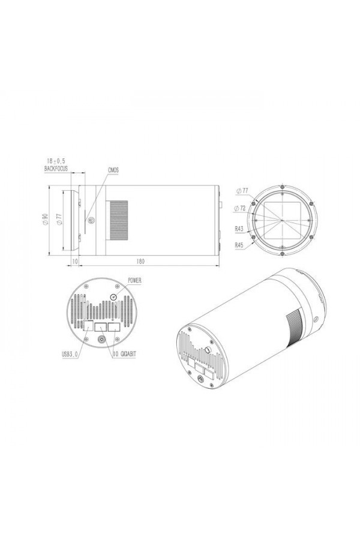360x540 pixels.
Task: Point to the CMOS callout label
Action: [113, 170]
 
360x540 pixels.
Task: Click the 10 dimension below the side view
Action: [75, 262]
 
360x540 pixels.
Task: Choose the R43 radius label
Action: [239, 229]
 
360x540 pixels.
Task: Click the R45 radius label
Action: [239, 245]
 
